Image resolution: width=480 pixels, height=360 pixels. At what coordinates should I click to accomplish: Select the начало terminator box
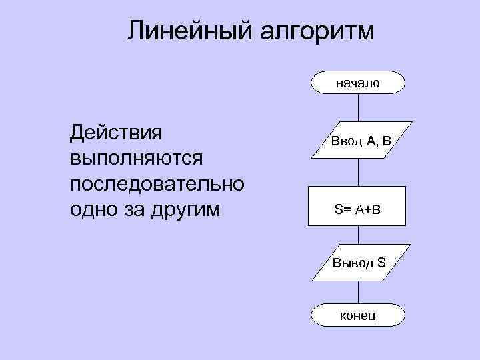[x=358, y=83]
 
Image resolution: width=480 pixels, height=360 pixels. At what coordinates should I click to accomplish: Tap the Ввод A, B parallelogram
[x=359, y=140]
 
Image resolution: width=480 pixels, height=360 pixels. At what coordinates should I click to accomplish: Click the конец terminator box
[x=358, y=315]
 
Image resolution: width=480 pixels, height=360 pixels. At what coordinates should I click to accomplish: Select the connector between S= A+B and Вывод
[x=359, y=236]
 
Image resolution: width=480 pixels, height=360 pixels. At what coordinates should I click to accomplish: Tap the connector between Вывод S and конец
[x=359, y=291]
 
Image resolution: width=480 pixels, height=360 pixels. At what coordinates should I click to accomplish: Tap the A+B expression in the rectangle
[x=367, y=209]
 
